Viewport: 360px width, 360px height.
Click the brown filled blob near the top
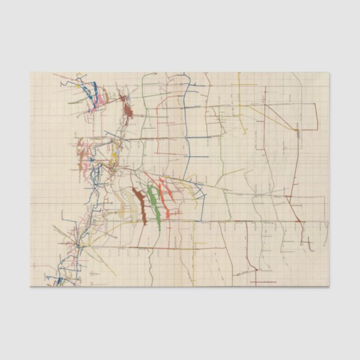click(128, 112)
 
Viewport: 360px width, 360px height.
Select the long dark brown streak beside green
click(139, 204)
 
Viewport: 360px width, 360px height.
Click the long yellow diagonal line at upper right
click(268, 117)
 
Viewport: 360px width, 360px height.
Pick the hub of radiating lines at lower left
click(79, 245)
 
